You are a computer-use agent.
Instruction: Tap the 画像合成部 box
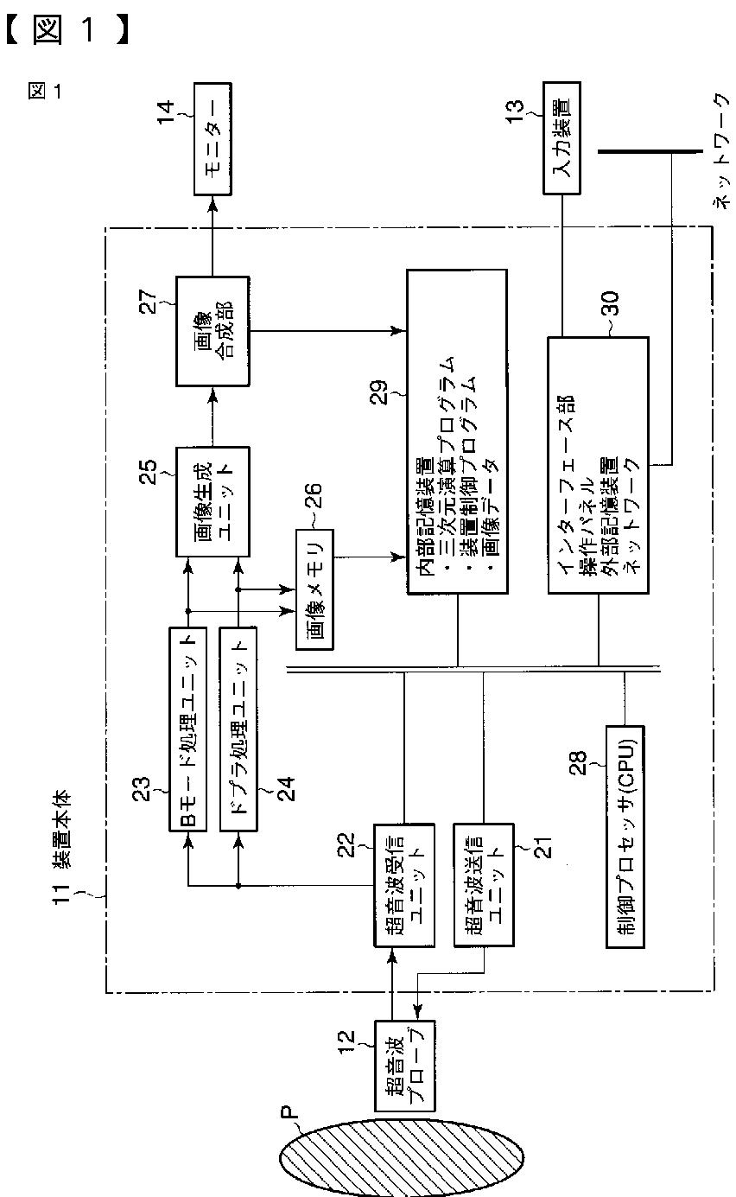[x=213, y=331]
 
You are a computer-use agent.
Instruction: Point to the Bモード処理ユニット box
[x=187, y=729]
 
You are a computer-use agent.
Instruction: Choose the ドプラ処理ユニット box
[x=239, y=729]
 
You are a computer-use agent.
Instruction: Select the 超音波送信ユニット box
[x=483, y=884]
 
